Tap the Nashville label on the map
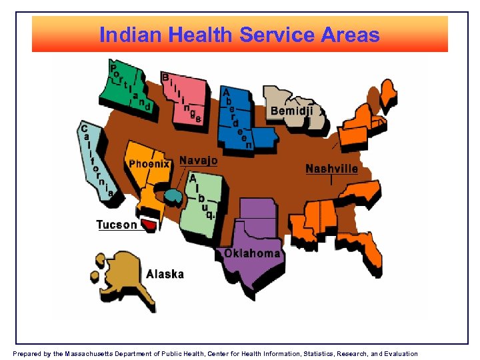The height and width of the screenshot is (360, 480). point(331,169)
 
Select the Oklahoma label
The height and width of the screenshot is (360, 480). point(252,253)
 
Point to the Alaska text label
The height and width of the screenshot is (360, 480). point(165,274)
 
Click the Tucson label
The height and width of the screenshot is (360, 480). point(117,224)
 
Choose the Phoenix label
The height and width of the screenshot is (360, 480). point(149,163)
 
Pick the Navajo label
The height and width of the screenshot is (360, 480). point(198,161)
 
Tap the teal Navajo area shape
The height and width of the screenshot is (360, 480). point(173,196)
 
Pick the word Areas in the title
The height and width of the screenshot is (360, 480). point(350,35)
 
